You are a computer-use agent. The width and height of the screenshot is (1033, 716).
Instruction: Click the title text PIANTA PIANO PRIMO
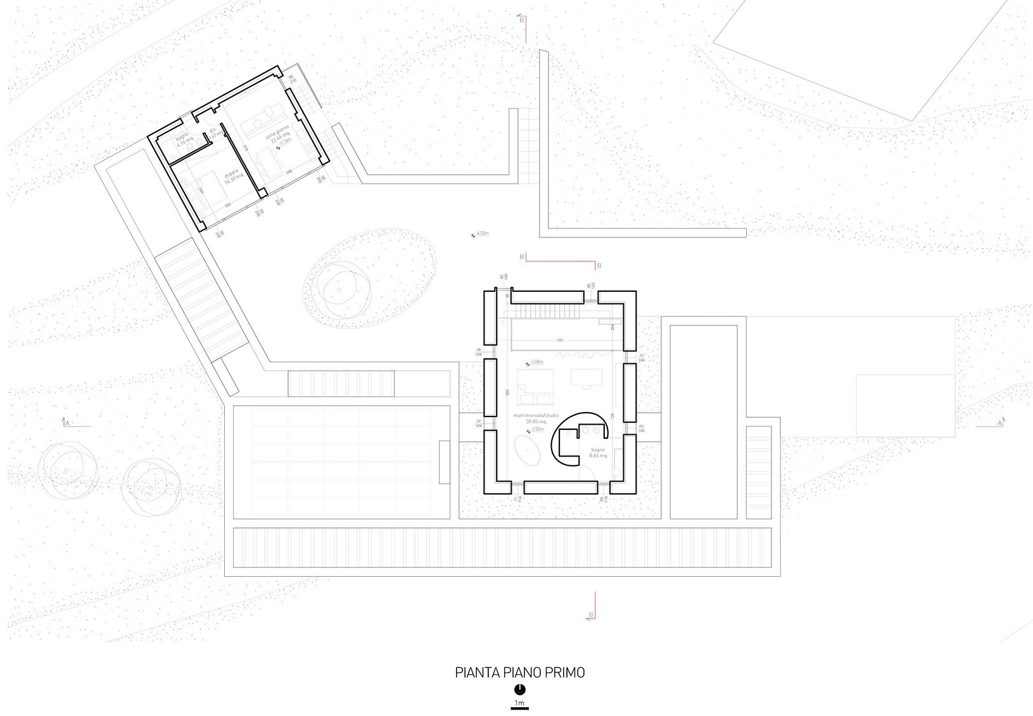pos(519,672)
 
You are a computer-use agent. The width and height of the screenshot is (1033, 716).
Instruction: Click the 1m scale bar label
pos(519,703)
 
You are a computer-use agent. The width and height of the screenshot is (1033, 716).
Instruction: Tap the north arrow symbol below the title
pos(519,689)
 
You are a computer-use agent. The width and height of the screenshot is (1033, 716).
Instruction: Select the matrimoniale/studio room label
pos(536,418)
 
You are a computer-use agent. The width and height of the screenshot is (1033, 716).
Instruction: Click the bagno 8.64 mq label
pos(598,453)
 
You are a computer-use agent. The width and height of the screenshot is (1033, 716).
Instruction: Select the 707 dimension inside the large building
pos(559,341)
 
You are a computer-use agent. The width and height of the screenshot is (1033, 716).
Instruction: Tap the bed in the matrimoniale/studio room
pos(535,387)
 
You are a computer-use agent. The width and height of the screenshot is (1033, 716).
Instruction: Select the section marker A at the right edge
pos(999,422)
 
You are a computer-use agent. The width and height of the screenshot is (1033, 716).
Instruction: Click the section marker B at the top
pos(521,20)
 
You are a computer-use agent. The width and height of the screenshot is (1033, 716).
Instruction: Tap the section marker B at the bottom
pos(591,615)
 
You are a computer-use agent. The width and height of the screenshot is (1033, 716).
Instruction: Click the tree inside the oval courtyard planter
pos(339,291)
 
